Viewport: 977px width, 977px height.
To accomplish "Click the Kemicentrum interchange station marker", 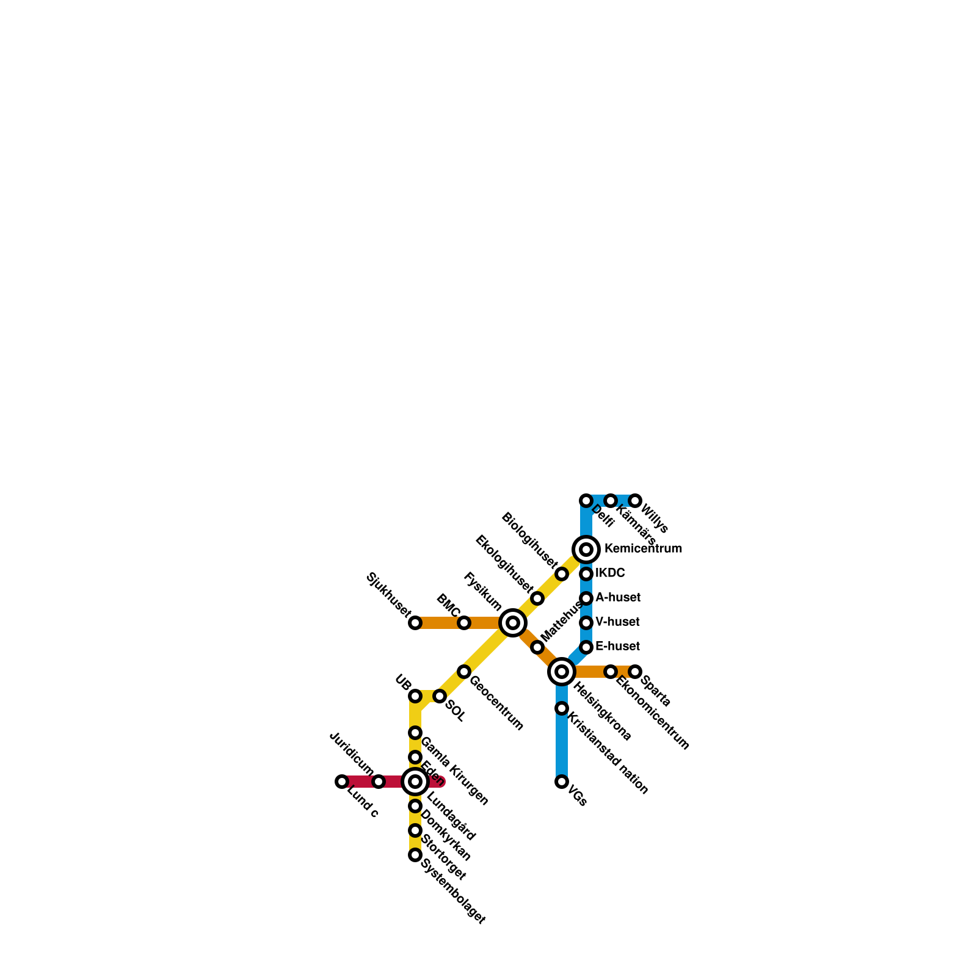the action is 586,550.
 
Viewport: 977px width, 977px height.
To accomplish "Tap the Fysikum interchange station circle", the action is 513,623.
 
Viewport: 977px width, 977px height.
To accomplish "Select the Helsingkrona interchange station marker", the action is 562,672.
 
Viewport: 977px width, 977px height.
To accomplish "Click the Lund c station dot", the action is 342,782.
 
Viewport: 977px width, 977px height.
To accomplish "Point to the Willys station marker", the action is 635,501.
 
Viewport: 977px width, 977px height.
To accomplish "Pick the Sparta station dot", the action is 635,672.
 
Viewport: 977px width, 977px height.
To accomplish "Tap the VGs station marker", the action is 562,782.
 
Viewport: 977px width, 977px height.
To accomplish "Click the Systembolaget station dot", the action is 415,855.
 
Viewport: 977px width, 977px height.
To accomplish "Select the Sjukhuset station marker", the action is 415,623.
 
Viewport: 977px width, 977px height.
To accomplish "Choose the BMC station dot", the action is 464,623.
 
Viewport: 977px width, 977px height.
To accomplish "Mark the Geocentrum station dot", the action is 464,672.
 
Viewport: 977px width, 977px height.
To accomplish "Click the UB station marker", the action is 415,696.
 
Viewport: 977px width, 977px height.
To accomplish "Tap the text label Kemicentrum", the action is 643,549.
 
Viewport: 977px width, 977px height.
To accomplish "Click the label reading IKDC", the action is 610,573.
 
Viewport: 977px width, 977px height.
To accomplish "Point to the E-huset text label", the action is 617,646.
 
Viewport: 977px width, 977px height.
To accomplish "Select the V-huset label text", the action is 617,622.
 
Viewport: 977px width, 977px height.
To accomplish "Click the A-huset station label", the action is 617,597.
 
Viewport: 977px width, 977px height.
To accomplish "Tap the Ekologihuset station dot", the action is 537,598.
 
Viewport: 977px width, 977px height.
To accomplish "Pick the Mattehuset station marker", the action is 537,647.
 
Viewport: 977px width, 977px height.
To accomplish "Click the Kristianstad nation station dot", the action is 562,708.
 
